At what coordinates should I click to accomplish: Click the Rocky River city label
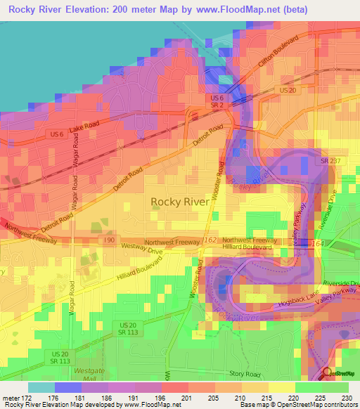point(180,202)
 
